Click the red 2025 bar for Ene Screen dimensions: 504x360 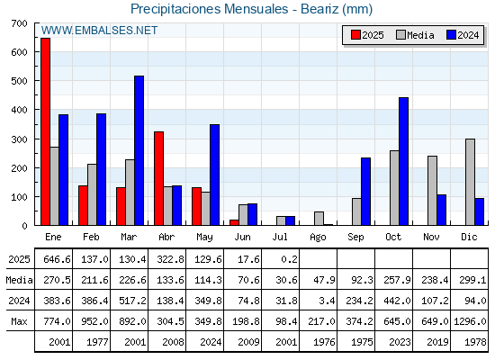(46, 131)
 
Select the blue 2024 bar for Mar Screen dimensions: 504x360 (139, 150)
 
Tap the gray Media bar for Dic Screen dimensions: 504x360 (470, 182)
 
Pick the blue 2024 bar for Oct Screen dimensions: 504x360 (404, 161)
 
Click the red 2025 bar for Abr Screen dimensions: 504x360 (158, 178)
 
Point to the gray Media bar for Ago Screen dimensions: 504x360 (319, 218)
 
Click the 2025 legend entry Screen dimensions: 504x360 (367, 35)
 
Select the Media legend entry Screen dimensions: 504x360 (415, 35)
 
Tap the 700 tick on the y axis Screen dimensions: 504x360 (19, 23)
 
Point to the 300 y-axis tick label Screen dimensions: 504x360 (19, 139)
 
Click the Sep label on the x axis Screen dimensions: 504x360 (355, 237)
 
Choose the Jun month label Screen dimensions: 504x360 (242, 237)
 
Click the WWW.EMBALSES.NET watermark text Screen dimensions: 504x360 (99, 31)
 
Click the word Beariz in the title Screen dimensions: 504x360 (319, 9)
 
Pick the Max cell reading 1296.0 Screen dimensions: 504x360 (470, 321)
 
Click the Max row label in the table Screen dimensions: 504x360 (19, 321)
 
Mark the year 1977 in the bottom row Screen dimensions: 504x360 (97, 342)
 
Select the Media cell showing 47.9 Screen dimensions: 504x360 (324, 280)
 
